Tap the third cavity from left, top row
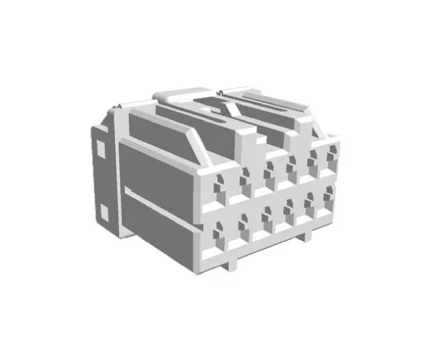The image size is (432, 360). click(270, 170)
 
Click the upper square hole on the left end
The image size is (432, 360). click(101, 148)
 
